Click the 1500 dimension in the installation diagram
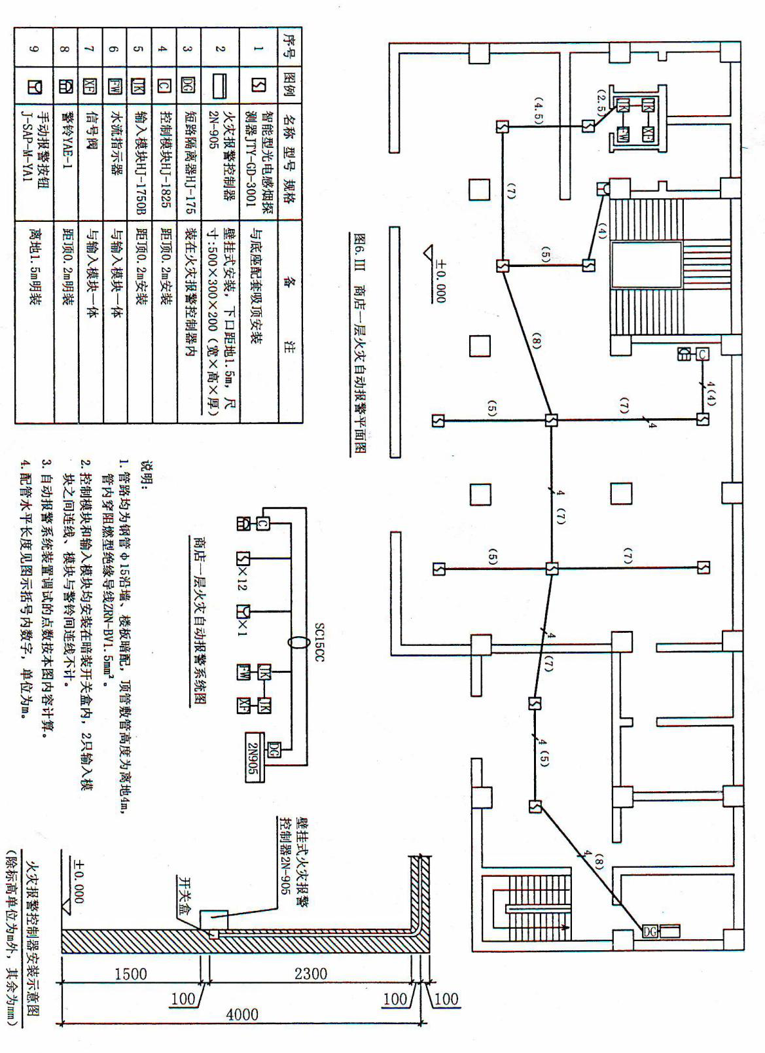[x=130, y=973]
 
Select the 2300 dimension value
[x=310, y=973]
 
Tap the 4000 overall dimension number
[x=242, y=1014]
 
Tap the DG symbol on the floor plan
[x=649, y=931]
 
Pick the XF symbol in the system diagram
[x=244, y=705]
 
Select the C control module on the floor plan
[x=702, y=354]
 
